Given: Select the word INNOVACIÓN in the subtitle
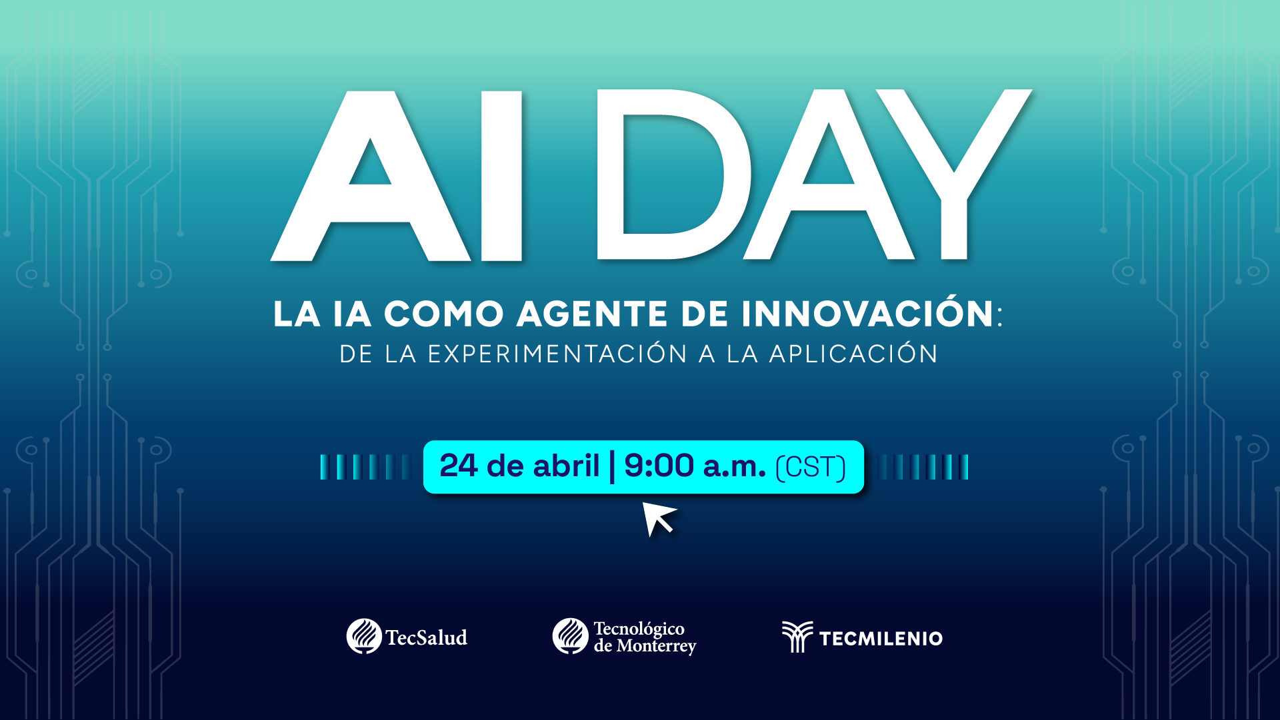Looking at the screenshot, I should click(x=867, y=314).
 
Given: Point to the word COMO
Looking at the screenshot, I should click(x=443, y=314).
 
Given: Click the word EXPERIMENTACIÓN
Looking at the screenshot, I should click(x=557, y=354).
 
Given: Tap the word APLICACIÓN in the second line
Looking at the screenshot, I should click(x=853, y=354).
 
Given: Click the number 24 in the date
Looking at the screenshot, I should click(x=459, y=466).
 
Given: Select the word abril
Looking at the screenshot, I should click(x=567, y=466).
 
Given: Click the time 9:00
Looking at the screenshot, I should click(x=659, y=466).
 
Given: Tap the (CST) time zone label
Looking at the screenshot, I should click(x=811, y=467).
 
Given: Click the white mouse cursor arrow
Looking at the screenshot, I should click(x=657, y=518).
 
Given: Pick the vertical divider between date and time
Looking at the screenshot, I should click(x=612, y=466).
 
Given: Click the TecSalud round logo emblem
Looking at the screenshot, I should click(x=364, y=636).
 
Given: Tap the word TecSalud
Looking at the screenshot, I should click(x=427, y=638).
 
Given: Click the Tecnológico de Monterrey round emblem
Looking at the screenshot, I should click(x=570, y=636).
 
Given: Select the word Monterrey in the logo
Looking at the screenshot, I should click(x=656, y=646).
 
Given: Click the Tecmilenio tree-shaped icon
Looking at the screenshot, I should click(x=797, y=637).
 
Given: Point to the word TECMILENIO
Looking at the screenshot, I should click(x=881, y=639).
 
